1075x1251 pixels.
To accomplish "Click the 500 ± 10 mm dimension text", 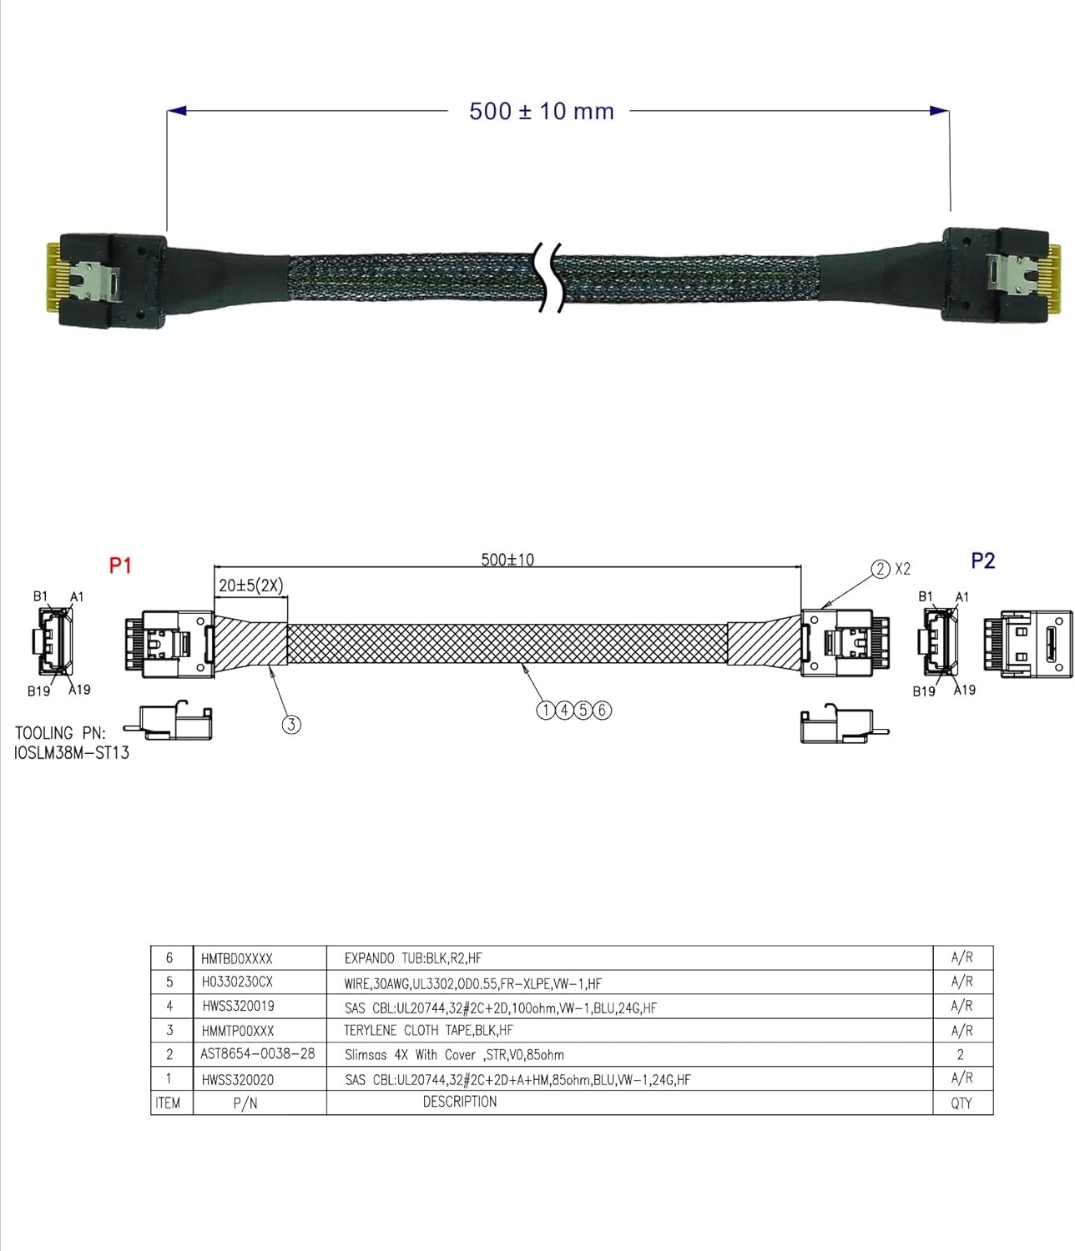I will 541,111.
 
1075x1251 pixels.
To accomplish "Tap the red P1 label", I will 121,565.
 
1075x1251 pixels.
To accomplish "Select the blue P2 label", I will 983,560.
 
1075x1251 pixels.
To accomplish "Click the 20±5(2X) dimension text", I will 250,585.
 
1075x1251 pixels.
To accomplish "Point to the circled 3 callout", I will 291,724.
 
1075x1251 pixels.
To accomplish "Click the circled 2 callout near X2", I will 881,569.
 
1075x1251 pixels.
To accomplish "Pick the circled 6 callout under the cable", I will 603,710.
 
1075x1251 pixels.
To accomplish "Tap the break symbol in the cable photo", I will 547,278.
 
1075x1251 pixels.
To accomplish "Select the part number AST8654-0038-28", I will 258,1053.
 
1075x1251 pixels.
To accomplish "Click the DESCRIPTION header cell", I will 460,1102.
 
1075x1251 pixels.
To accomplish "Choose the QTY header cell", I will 961,1103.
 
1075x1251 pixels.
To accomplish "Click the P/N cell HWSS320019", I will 238,1006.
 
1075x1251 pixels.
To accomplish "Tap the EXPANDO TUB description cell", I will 413,958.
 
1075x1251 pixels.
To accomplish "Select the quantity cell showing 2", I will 961,1054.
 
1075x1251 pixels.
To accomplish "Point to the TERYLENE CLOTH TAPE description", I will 428,1030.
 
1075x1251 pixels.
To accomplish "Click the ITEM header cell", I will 168,1103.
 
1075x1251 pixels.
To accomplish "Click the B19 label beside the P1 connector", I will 38,691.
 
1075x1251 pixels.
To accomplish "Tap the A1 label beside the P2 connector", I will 961,597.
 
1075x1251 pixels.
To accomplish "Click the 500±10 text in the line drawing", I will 507,559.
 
